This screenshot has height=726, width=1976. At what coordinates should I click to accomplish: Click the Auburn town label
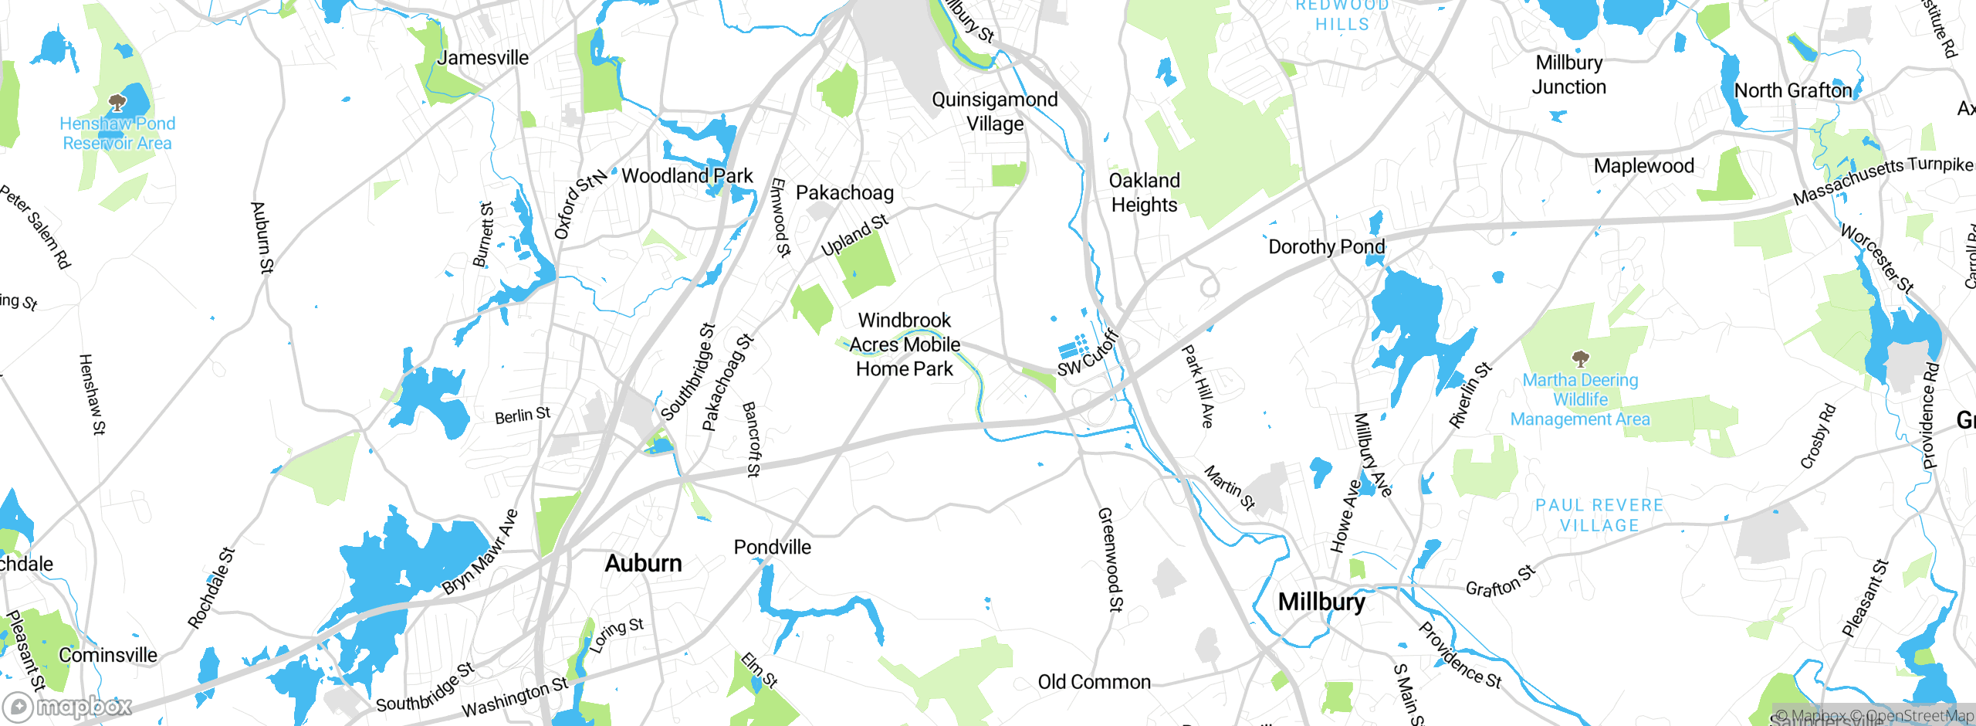click(643, 563)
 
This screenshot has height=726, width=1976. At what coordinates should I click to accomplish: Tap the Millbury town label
click(1321, 602)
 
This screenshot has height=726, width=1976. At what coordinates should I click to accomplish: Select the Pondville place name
click(772, 547)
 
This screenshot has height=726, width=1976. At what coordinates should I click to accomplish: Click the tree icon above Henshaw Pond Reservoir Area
click(117, 102)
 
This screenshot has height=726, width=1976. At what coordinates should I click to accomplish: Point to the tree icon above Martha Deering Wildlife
click(1580, 358)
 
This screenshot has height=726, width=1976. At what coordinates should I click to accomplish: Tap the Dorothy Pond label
click(1326, 246)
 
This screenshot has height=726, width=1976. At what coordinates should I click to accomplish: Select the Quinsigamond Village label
click(994, 111)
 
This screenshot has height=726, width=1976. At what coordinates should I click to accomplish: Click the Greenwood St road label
click(1110, 559)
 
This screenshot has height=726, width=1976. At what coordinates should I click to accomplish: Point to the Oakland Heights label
click(1144, 192)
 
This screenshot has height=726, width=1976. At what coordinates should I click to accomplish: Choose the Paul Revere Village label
click(1599, 515)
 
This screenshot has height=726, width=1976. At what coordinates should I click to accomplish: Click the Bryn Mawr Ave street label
click(479, 551)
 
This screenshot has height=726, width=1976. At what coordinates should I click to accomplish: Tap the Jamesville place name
click(483, 57)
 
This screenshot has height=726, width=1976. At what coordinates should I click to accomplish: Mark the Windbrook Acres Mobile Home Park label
click(905, 344)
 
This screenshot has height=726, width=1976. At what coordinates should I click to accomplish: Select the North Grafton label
click(1792, 90)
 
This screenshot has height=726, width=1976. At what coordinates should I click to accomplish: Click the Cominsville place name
click(108, 655)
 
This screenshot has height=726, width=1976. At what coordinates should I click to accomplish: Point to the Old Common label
click(1094, 682)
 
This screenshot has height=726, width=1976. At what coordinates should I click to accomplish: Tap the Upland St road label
click(854, 235)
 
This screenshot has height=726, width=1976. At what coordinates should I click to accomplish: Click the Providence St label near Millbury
click(1460, 655)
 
